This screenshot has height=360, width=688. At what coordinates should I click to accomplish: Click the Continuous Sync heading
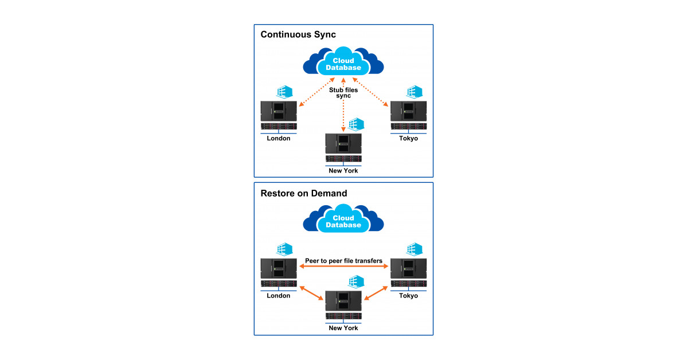coord(298,34)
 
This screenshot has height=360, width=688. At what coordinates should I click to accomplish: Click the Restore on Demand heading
coord(304,193)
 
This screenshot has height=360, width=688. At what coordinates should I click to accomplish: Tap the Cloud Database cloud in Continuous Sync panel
coord(343,64)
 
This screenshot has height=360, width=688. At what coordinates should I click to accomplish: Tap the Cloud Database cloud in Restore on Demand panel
coord(343,221)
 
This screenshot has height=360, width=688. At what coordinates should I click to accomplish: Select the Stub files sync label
coord(343,92)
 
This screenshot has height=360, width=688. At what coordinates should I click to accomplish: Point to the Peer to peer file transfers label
coord(343,261)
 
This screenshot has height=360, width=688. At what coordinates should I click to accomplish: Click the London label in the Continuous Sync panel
coord(279,138)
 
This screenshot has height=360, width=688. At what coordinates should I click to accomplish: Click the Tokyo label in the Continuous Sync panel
coord(408,138)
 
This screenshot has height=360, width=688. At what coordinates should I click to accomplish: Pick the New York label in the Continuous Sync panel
coord(343,170)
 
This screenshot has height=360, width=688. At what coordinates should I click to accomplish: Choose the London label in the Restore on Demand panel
coord(279,296)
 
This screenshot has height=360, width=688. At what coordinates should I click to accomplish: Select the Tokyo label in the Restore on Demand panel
coord(408,296)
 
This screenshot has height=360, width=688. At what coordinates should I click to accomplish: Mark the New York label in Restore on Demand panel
coord(343,328)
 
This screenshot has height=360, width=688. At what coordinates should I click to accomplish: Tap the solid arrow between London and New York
coord(311,291)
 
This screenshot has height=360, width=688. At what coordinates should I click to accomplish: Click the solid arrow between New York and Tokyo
coord(376,291)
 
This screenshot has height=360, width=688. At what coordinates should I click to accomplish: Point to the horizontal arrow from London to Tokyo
coord(343,267)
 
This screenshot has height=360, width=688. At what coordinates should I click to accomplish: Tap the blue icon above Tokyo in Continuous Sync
coord(414,92)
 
